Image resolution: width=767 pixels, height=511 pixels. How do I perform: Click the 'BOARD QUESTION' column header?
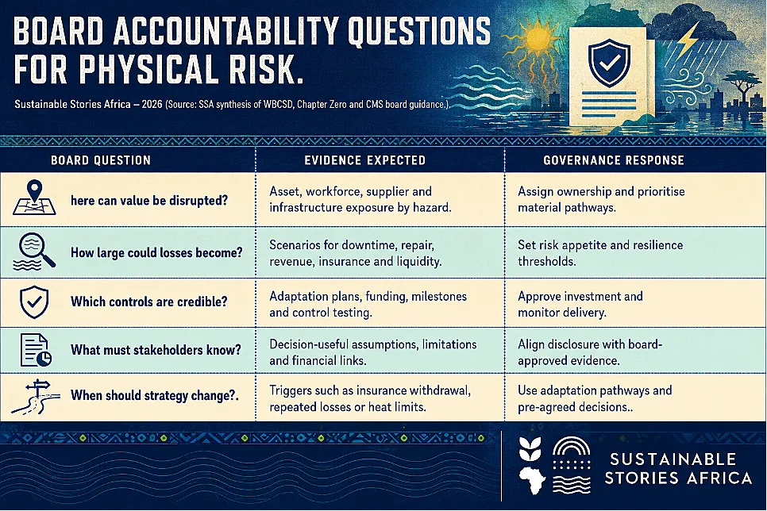click(x=101, y=160)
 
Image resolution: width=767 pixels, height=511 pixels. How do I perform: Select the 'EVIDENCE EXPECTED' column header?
click(x=365, y=160)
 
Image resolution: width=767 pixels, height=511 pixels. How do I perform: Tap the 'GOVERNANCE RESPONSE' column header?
click(x=614, y=160)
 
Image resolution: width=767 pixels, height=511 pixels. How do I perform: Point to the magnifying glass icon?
click(x=34, y=252)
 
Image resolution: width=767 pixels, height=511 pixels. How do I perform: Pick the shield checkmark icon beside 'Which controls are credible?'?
click(x=34, y=302)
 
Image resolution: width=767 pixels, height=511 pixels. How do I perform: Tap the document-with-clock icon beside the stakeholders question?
click(x=36, y=350)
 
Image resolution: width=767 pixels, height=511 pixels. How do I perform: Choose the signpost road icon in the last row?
click(x=35, y=397)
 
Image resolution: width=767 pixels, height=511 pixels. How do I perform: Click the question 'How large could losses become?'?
click(x=156, y=252)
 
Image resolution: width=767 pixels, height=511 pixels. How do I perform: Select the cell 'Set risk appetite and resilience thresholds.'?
click(x=600, y=253)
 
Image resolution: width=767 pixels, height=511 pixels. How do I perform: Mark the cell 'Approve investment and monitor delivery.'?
click(x=580, y=304)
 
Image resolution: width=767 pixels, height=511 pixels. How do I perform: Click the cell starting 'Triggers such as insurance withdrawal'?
click(x=370, y=398)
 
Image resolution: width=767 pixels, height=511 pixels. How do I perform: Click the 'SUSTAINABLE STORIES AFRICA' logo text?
click(x=677, y=468)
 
